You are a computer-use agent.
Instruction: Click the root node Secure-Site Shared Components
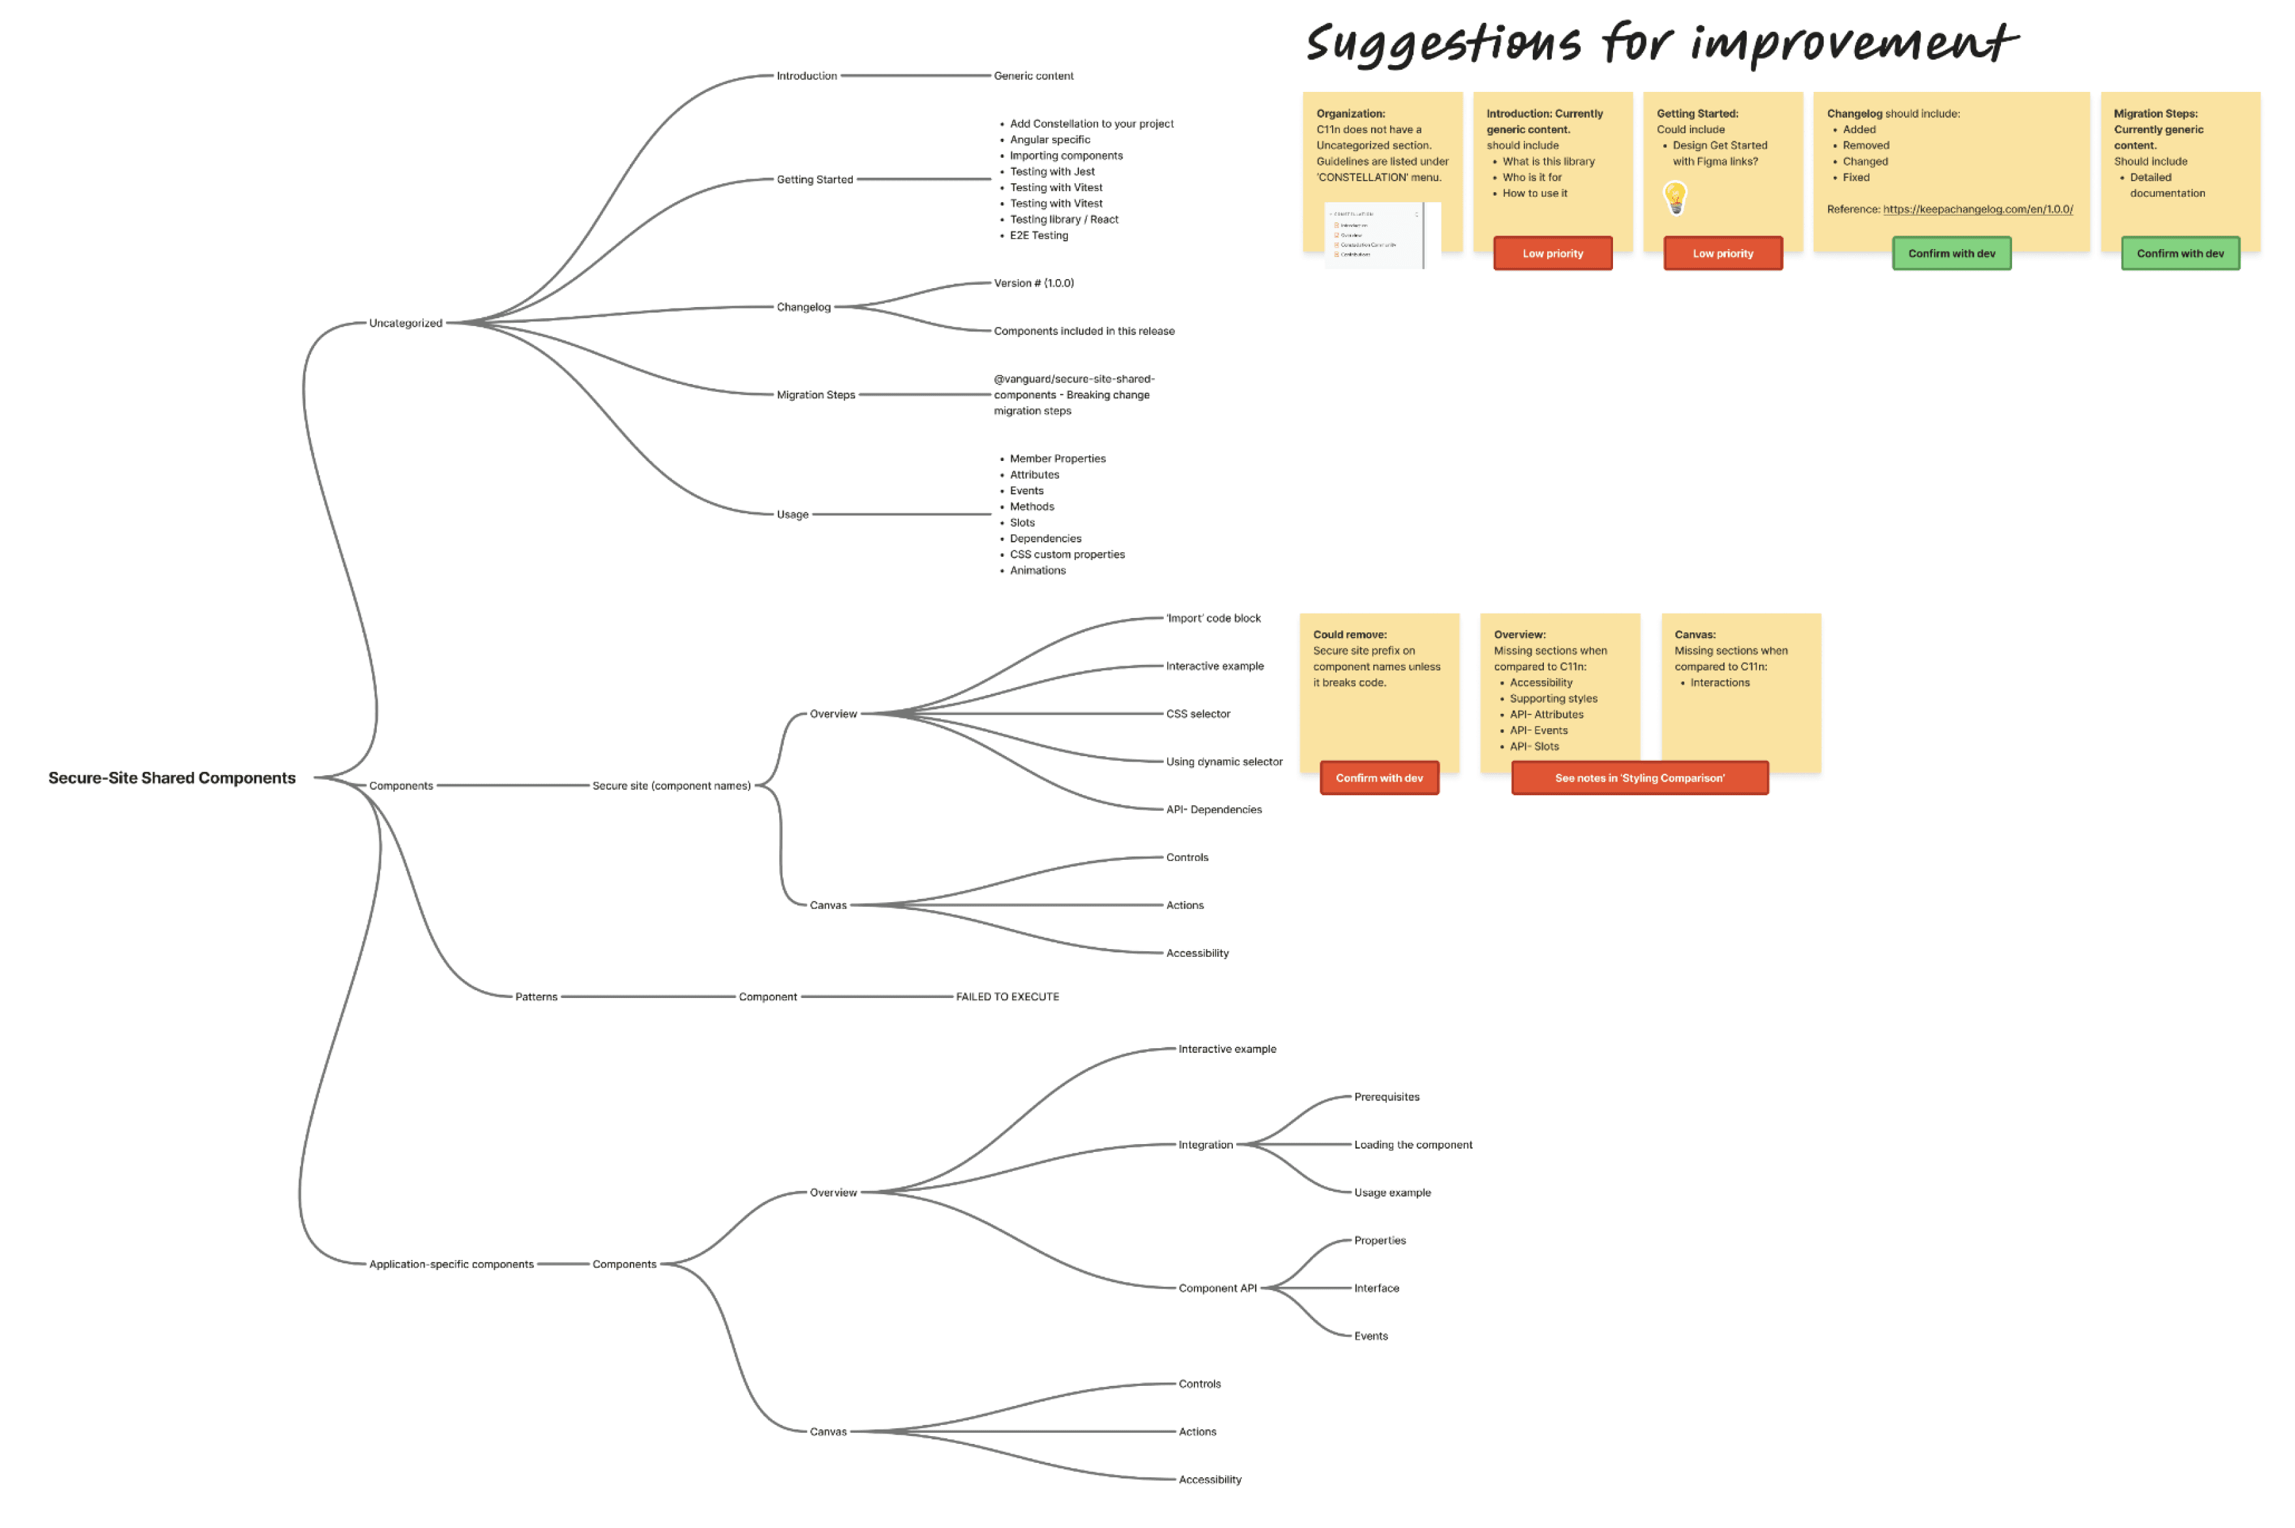click(171, 778)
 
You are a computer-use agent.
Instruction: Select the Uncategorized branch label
click(406, 323)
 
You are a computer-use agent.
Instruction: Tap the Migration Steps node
click(816, 394)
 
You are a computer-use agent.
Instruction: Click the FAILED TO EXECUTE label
click(1007, 996)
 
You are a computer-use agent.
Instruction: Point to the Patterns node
click(536, 996)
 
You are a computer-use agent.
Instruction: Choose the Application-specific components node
click(451, 1264)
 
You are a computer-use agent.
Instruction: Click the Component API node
click(1217, 1287)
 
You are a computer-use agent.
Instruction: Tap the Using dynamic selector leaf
click(1224, 761)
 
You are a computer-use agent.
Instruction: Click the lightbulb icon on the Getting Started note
click(1674, 198)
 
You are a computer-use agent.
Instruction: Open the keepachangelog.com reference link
click(1977, 209)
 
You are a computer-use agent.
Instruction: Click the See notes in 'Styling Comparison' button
click(1639, 778)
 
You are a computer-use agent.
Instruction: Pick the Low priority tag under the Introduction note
click(1552, 254)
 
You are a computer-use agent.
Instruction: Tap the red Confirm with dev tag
click(1379, 778)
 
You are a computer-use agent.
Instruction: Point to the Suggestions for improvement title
click(1661, 44)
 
